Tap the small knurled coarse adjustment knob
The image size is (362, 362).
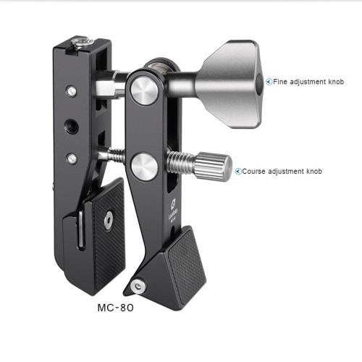[x=213, y=167]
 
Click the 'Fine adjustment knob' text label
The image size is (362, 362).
[x=308, y=82]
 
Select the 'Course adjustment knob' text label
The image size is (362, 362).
[x=282, y=172]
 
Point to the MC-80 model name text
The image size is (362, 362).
[x=116, y=308]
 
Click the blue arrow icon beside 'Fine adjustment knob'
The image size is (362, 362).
[x=269, y=82]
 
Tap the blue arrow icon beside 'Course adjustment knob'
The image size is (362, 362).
[x=238, y=172]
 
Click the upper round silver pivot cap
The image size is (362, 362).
[x=144, y=91]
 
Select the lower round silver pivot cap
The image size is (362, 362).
[x=144, y=167]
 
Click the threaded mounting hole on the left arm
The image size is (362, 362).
[x=72, y=127]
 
